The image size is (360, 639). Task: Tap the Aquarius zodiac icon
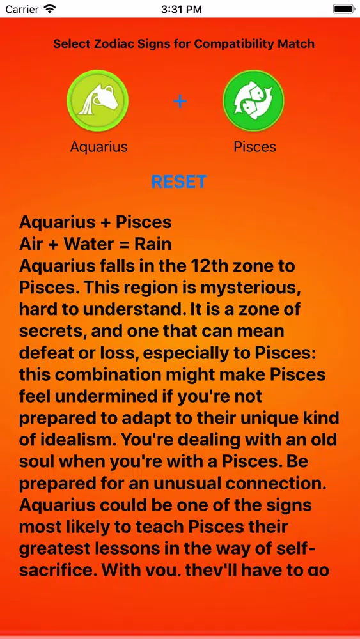[x=98, y=101]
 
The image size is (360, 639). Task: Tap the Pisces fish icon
[x=254, y=101]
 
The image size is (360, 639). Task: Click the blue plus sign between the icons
[x=180, y=101]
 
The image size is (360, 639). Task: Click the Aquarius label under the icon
[x=98, y=147]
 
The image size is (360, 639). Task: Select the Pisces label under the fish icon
[x=254, y=147]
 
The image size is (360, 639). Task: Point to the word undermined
[x=116, y=396]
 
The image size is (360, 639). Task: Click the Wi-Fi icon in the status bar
[x=49, y=8]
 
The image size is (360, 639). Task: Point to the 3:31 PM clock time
[x=182, y=9]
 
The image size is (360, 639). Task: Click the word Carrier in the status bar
[x=22, y=9]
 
